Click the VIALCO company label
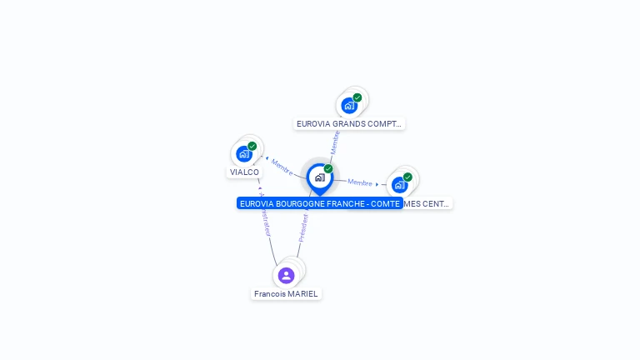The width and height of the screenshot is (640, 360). click(245, 172)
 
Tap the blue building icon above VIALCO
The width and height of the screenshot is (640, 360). click(243, 153)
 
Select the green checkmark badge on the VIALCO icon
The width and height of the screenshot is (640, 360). click(252, 147)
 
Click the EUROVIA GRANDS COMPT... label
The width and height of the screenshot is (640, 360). click(349, 124)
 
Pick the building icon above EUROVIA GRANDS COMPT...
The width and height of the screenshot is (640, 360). click(348, 105)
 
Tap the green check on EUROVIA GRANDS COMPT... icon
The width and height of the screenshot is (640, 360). click(357, 97)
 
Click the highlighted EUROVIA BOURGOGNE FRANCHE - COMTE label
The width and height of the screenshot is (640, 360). click(319, 203)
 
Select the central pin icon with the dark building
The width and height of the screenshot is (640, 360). click(319, 177)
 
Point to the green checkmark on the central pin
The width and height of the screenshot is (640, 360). click(328, 169)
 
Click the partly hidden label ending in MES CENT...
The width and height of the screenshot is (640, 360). click(427, 203)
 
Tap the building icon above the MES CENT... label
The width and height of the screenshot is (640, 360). click(399, 184)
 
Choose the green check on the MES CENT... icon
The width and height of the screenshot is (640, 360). click(407, 177)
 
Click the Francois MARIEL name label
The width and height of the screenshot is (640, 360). click(286, 294)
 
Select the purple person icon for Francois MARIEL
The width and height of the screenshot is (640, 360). click(286, 275)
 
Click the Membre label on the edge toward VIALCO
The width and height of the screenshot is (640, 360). click(282, 167)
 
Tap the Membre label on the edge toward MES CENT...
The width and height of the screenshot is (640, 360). click(360, 182)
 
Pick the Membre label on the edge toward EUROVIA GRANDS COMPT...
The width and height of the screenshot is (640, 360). click(335, 142)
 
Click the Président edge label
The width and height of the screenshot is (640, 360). click(303, 227)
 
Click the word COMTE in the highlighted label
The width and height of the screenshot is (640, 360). click(386, 203)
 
